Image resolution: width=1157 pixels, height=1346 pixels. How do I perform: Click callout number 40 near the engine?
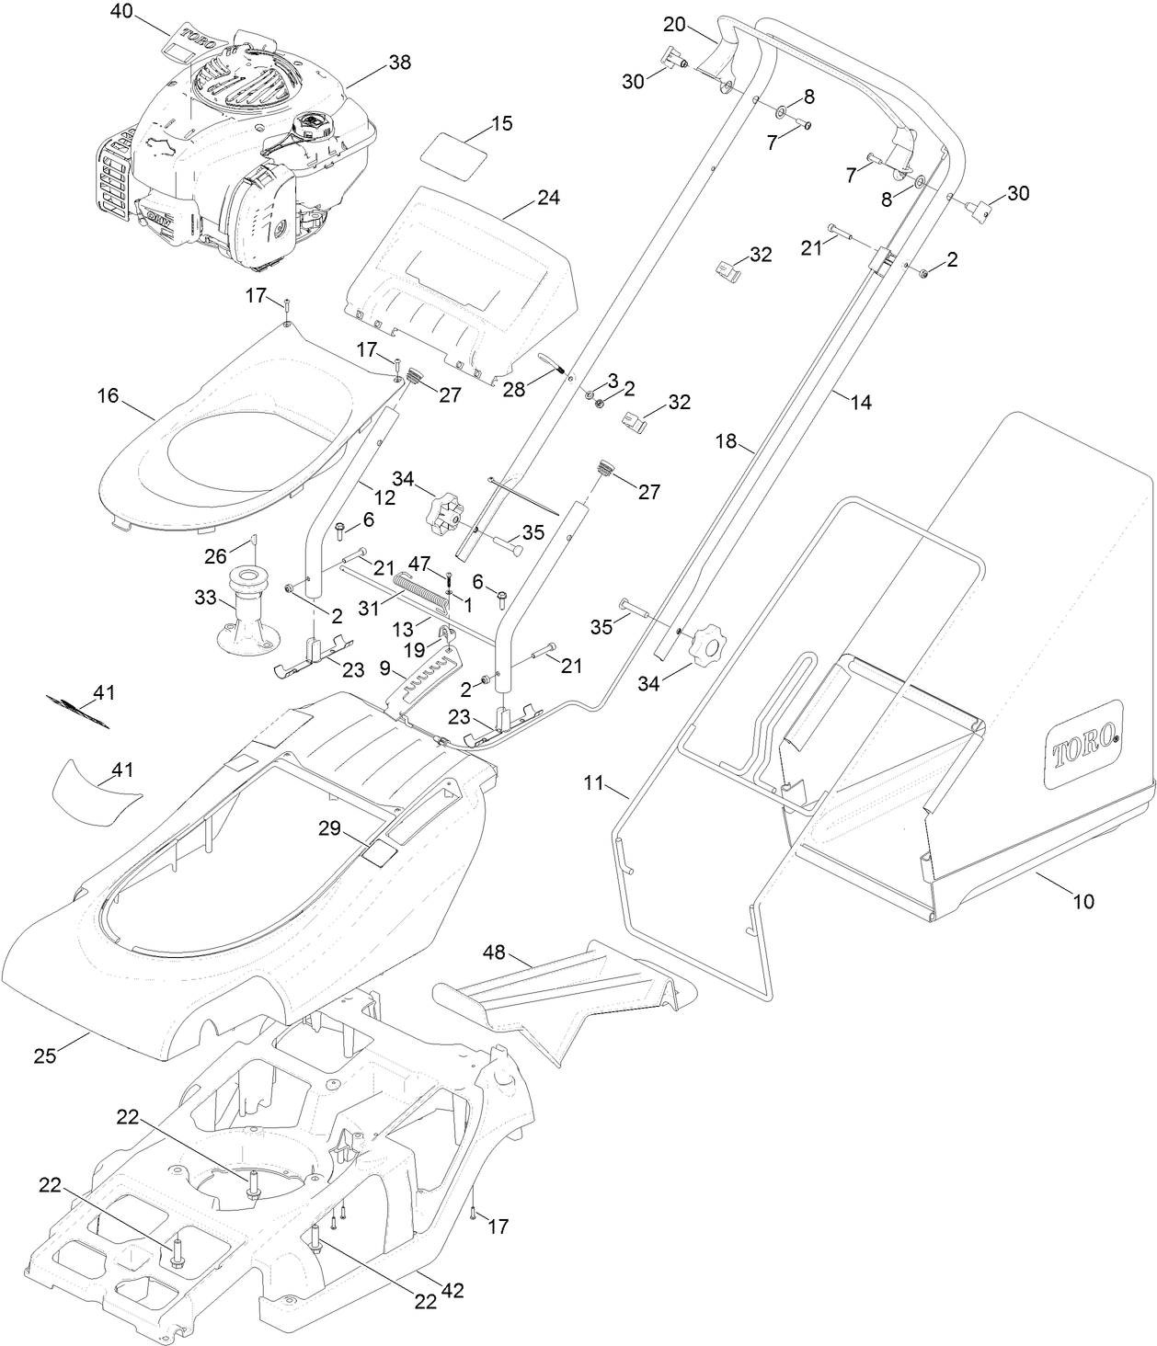coord(121,11)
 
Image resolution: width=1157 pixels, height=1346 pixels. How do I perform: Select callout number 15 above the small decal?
coord(501,124)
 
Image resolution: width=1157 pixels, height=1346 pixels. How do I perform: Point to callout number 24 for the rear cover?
coord(548,198)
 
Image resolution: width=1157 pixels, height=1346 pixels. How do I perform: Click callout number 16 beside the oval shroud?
coord(108,395)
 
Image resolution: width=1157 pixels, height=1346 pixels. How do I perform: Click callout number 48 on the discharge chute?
coord(495,954)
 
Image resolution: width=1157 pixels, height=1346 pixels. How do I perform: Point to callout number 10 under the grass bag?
coord(1084,901)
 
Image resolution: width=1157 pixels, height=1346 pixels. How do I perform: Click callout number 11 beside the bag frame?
coord(593,783)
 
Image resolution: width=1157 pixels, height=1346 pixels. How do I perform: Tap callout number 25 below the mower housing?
coord(45,1055)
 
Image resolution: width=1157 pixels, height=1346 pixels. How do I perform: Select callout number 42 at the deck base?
coord(452,1291)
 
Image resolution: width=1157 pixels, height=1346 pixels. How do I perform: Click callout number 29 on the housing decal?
coord(329,828)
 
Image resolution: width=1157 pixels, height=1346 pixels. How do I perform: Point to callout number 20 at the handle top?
coord(674,24)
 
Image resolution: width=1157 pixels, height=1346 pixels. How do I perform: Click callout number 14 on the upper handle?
coord(861,402)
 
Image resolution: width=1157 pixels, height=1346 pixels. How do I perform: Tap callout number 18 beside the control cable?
coord(727,441)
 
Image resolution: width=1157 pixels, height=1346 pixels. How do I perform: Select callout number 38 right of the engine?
coord(399,63)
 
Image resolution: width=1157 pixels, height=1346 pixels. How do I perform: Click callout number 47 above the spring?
coord(419,561)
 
